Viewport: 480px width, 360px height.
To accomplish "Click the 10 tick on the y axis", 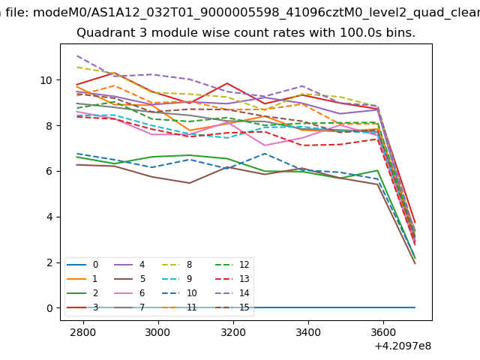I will tap(45, 80).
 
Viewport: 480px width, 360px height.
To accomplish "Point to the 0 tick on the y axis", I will tap(48, 308).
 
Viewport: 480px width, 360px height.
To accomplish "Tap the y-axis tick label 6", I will tap(48, 171).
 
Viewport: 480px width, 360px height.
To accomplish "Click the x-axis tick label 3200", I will tap(233, 332).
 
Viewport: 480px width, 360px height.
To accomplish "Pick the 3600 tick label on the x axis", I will tap(383, 332).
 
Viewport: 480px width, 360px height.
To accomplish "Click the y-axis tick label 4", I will tap(48, 217).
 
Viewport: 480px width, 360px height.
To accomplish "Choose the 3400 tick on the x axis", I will tap(308, 332).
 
